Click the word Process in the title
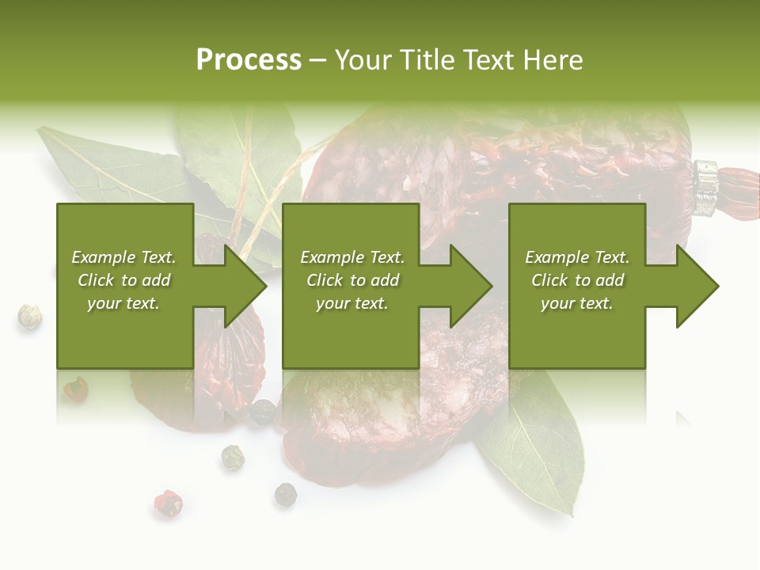tap(249, 60)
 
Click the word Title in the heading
tap(424, 60)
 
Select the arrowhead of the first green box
tap(245, 286)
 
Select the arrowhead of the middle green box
tap(471, 286)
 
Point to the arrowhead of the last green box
tap(697, 286)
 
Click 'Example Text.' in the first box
tap(124, 257)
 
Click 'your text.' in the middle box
tap(351, 303)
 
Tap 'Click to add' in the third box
tap(577, 280)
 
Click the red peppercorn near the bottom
tap(168, 503)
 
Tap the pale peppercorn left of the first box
tap(30, 317)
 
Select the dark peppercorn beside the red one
tap(285, 494)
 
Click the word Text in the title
tap(484, 60)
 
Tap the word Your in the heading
tap(363, 60)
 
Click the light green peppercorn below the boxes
tap(232, 457)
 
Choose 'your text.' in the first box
tap(124, 303)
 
